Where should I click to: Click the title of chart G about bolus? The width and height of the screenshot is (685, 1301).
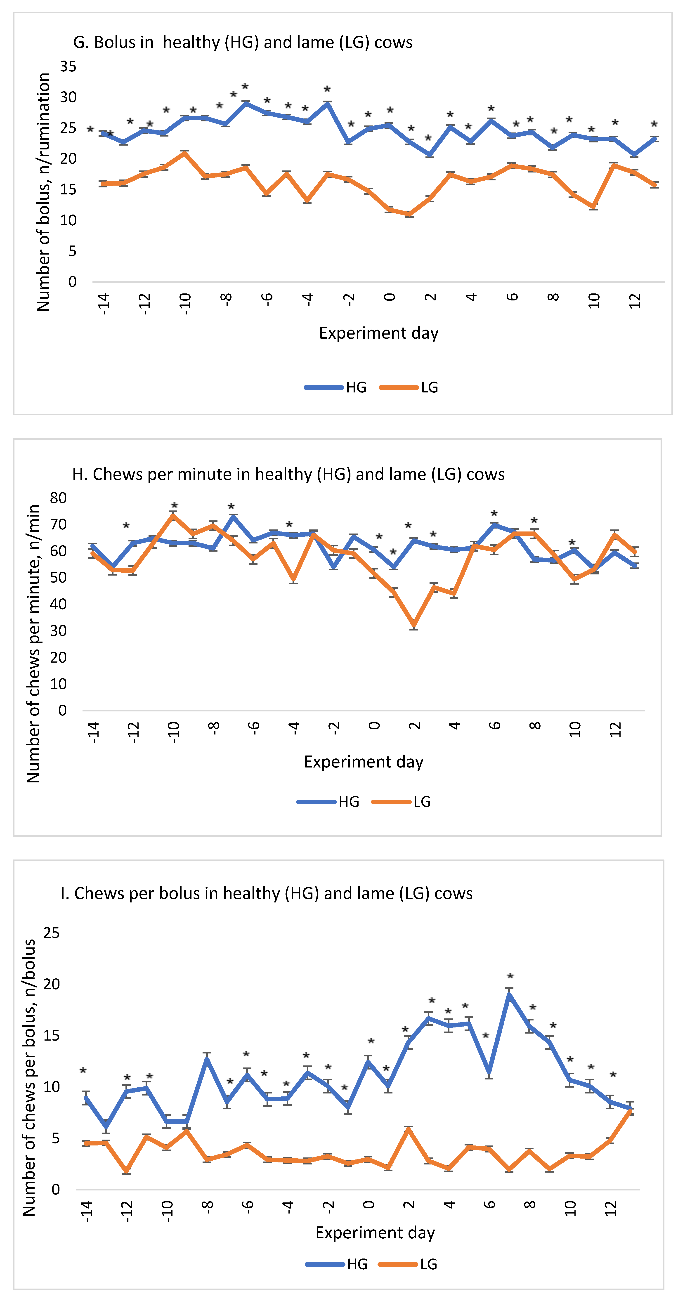click(x=243, y=43)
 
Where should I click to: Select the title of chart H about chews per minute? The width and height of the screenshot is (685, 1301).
click(x=288, y=474)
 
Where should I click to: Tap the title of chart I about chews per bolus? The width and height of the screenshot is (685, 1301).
click(x=266, y=893)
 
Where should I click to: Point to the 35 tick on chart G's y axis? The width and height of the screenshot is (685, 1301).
click(x=68, y=66)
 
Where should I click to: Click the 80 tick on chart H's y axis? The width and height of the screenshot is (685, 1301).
click(x=58, y=498)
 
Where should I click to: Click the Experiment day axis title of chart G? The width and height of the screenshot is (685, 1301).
click(x=378, y=333)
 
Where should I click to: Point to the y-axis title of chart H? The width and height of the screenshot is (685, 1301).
click(x=33, y=644)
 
